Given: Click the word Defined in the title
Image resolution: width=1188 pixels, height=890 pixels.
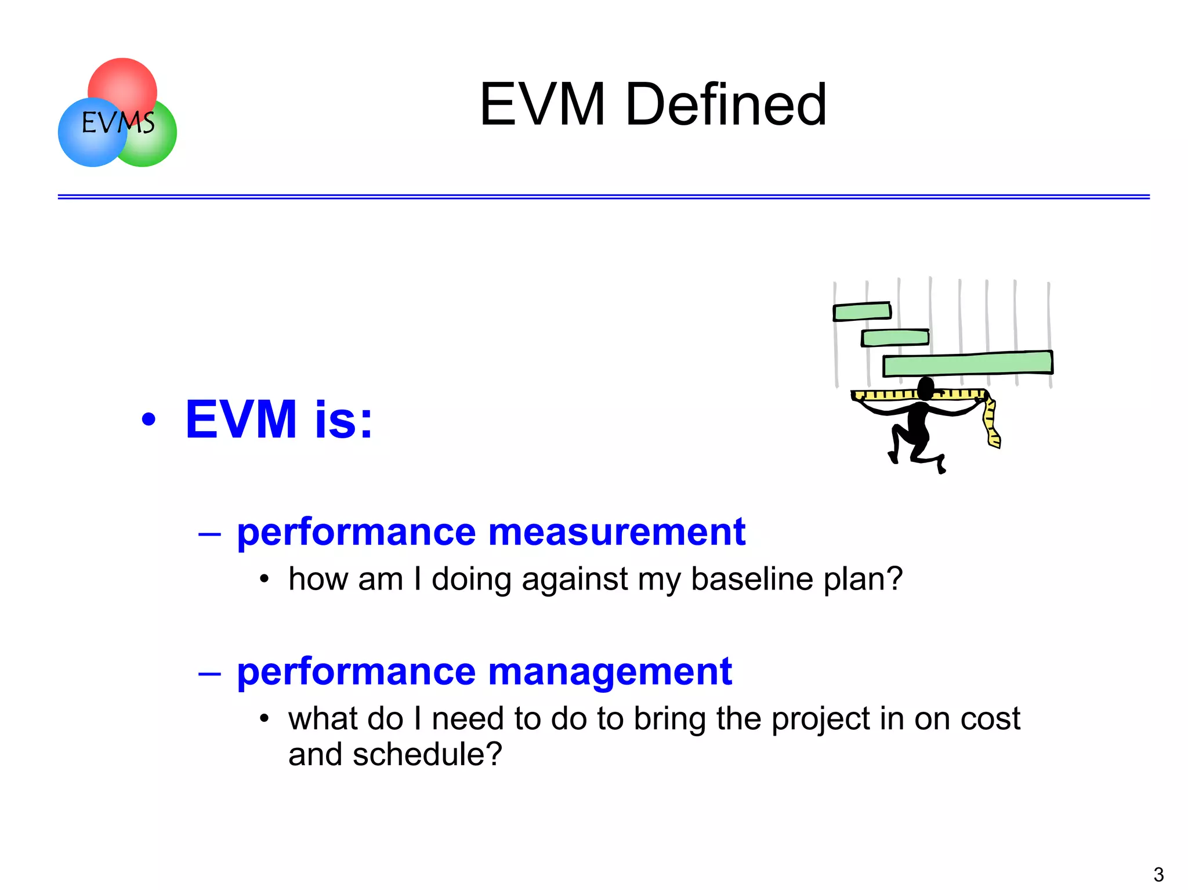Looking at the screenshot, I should (x=726, y=104).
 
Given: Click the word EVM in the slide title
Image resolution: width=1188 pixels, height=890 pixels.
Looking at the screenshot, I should (x=542, y=104).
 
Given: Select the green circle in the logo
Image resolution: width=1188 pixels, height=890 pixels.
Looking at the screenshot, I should (x=157, y=145).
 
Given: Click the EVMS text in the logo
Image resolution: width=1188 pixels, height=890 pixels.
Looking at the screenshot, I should (x=118, y=123).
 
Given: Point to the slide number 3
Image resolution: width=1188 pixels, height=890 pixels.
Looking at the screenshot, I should (x=1158, y=874).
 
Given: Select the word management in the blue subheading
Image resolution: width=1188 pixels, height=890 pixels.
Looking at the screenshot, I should (x=610, y=671).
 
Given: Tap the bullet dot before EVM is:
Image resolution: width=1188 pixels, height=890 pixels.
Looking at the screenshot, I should (x=149, y=419).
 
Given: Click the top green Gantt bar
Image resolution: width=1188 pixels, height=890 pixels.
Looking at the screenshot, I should (x=862, y=312).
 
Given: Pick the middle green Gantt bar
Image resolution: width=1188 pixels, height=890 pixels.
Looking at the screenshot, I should (x=895, y=338).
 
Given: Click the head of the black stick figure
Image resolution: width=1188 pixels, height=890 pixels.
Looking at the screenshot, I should (x=926, y=388).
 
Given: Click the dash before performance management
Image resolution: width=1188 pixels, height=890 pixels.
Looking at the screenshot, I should (x=209, y=674).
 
